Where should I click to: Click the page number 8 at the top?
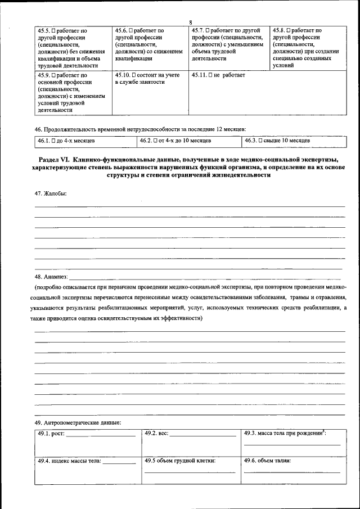190,22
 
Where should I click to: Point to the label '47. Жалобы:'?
50,193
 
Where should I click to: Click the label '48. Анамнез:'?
51,277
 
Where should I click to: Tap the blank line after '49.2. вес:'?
202,435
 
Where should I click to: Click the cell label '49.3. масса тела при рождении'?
283,433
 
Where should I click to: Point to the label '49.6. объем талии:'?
267,461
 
